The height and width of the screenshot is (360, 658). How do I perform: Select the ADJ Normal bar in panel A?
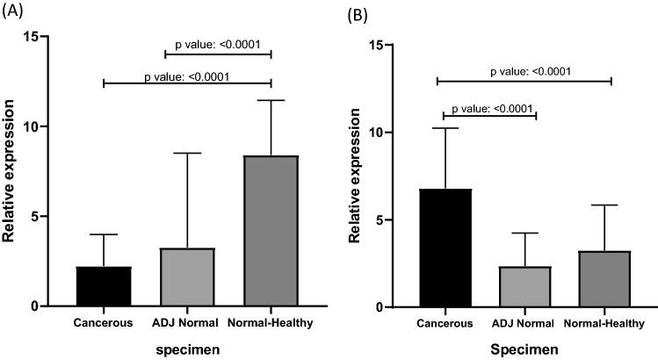click(x=187, y=277)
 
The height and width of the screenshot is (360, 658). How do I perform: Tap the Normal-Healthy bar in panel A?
click(x=271, y=231)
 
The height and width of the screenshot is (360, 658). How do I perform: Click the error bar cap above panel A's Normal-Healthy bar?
click(x=271, y=101)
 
